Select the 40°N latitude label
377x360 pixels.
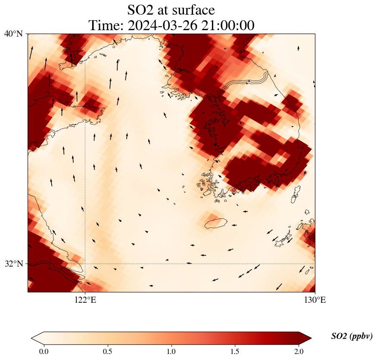point(13,34)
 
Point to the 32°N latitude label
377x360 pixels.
point(13,264)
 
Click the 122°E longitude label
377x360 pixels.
point(85,300)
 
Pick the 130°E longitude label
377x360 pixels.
point(315,300)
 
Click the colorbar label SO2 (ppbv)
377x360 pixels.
point(352,336)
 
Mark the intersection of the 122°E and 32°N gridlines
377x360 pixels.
point(85,264)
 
